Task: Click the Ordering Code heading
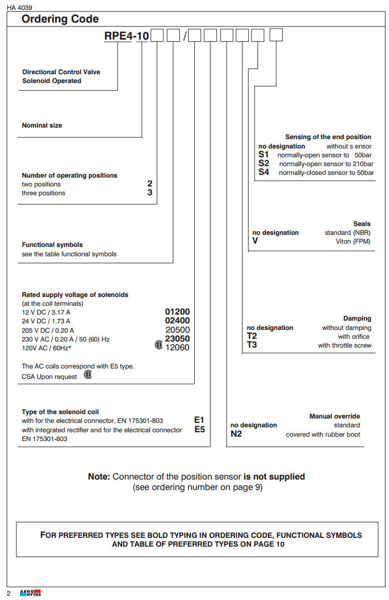pyautogui.click(x=60, y=19)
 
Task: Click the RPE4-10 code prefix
pyautogui.click(x=127, y=37)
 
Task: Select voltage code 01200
pyautogui.click(x=177, y=312)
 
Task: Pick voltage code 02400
pyautogui.click(x=177, y=321)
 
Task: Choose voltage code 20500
pyautogui.click(x=177, y=330)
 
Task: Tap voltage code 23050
pyautogui.click(x=177, y=339)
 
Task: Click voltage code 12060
pyautogui.click(x=177, y=348)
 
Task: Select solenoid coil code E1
pyautogui.click(x=199, y=420)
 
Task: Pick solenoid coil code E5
pyautogui.click(x=199, y=430)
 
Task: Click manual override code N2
pyautogui.click(x=236, y=434)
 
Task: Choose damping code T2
pyautogui.click(x=252, y=337)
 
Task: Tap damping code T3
pyautogui.click(x=252, y=345)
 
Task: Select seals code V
pyautogui.click(x=255, y=241)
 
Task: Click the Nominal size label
pyautogui.click(x=42, y=125)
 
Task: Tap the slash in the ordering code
pyautogui.click(x=185, y=37)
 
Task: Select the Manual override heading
pyautogui.click(x=335, y=416)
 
